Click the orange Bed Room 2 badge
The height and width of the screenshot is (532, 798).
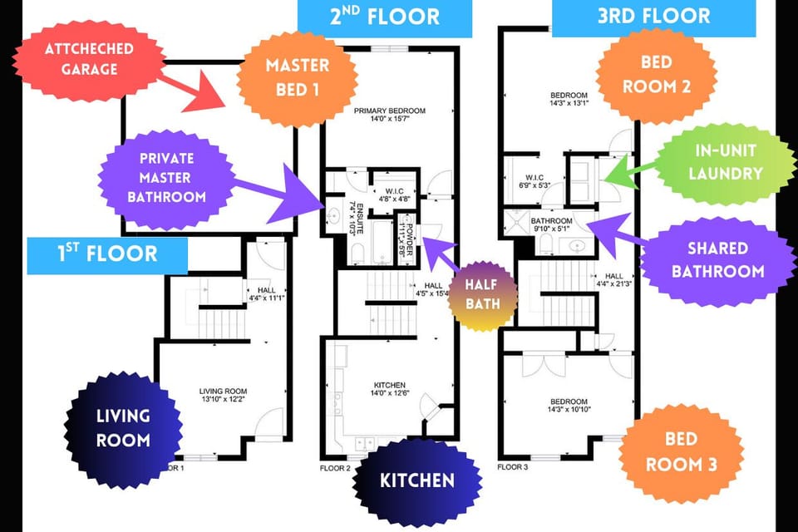point(657,74)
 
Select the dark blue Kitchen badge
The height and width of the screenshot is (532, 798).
point(417,480)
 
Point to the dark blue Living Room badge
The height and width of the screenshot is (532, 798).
point(123,427)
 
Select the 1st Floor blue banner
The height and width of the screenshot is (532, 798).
point(108,254)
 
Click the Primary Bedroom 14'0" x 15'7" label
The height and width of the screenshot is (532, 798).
point(389,115)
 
